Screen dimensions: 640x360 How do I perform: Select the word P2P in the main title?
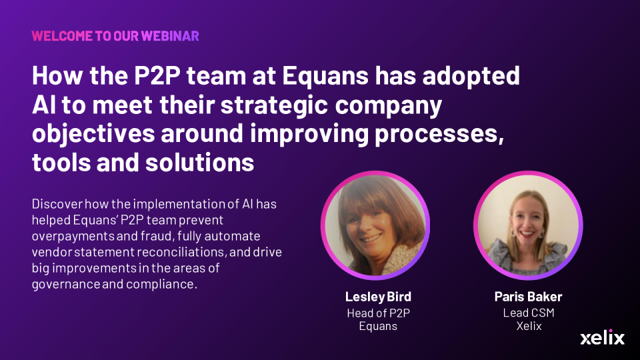click(157, 75)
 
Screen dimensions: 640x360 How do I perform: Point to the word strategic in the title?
click(274, 105)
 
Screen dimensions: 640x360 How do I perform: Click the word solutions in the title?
click(199, 163)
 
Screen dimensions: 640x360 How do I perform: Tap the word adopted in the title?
click(471, 77)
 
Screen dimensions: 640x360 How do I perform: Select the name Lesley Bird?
click(378, 297)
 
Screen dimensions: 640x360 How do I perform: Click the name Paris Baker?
click(528, 297)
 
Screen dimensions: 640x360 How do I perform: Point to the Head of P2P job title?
click(379, 313)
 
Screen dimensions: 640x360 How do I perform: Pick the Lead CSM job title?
click(529, 313)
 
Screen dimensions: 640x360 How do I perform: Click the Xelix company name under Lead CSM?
click(529, 326)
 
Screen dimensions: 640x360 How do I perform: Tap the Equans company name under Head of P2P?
click(378, 327)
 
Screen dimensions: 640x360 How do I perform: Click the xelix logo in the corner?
click(602, 337)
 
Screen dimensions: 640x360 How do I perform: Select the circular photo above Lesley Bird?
click(375, 225)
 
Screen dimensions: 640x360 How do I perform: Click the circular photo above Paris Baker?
click(528, 225)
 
